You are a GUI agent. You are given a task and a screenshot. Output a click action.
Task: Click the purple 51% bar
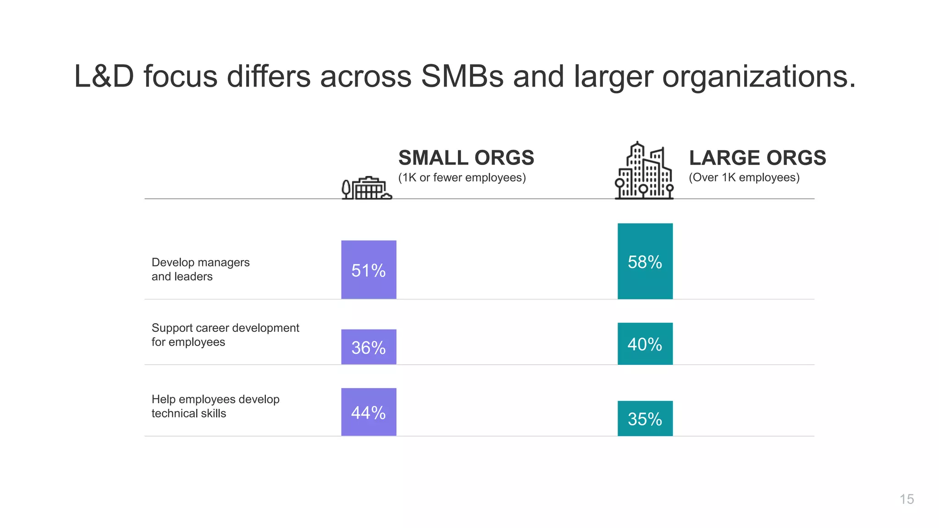tap(369, 269)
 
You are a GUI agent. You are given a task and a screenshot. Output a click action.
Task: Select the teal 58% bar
tap(645, 261)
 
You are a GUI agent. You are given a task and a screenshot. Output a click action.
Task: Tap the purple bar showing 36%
tap(369, 347)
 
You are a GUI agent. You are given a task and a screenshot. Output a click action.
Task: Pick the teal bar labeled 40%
tap(645, 344)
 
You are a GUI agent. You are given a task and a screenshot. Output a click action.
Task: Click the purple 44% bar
tap(369, 412)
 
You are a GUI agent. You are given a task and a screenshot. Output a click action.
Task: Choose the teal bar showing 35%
tap(645, 418)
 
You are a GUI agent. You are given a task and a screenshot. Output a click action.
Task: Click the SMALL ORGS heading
tap(466, 158)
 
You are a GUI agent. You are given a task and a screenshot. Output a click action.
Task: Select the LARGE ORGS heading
tap(757, 158)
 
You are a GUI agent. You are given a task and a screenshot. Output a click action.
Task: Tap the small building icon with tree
tap(367, 188)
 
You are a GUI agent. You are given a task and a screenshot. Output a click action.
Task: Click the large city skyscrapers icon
tap(644, 171)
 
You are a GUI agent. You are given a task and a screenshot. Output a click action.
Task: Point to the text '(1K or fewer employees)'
tap(462, 178)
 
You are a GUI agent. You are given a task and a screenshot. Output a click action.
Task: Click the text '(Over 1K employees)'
tap(744, 178)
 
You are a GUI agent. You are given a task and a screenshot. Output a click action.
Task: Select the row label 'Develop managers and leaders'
tap(200, 269)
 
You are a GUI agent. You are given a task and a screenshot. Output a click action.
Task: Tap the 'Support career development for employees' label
tap(225, 335)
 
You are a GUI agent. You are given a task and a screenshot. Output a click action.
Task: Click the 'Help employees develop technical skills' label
tap(215, 406)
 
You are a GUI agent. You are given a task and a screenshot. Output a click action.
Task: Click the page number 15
tap(906, 499)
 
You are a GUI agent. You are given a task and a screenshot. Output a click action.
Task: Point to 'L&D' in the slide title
tap(104, 76)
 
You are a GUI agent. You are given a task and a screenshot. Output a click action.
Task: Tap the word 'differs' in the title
tap(269, 76)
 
